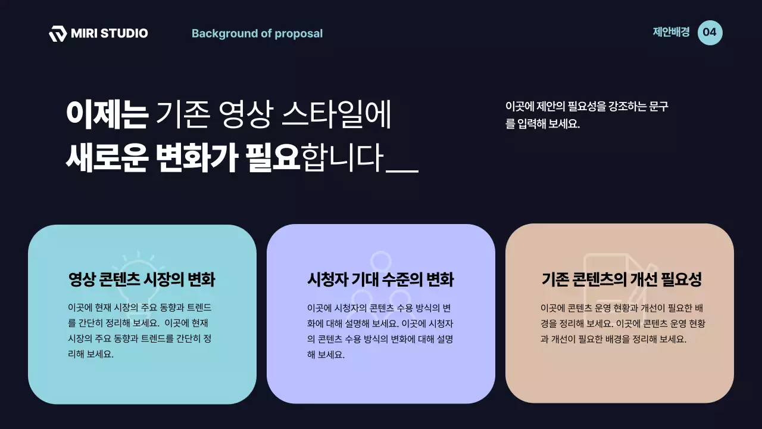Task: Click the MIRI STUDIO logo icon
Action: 57,33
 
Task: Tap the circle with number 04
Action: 710,32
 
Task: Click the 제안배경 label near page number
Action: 671,32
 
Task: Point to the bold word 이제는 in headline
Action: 107,115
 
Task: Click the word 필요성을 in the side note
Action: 586,107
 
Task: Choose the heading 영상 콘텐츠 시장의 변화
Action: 142,279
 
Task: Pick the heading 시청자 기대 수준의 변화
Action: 380,279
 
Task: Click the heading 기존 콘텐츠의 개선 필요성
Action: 622,279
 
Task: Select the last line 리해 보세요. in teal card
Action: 90,354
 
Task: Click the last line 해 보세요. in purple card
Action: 326,355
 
